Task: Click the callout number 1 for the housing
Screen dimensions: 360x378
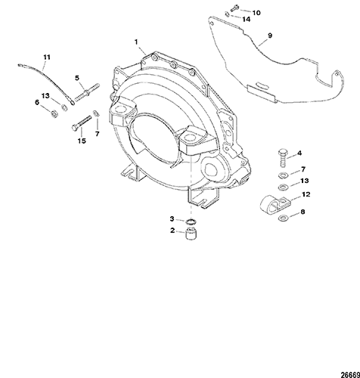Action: (136, 42)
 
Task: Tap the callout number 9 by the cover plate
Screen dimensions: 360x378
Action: (270, 36)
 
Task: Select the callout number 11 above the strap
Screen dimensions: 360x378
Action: (47, 57)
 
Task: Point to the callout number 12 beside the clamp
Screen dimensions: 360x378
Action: (306, 194)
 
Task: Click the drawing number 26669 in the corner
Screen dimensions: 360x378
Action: (350, 375)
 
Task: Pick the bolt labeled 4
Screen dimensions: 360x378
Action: (283, 158)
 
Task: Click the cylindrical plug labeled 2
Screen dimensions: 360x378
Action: (191, 234)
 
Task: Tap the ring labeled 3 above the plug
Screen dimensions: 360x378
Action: (191, 222)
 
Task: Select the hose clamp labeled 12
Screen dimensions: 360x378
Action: (275, 205)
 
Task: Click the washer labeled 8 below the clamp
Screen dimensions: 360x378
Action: (283, 218)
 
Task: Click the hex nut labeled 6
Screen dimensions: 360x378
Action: (54, 114)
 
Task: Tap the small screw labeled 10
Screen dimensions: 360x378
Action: (234, 8)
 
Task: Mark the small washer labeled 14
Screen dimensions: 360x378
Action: (227, 14)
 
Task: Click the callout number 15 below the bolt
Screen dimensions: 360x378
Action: (82, 141)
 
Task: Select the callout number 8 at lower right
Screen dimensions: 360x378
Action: (303, 212)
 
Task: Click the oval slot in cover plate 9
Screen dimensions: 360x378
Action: (262, 85)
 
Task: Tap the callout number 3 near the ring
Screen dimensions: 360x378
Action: (172, 218)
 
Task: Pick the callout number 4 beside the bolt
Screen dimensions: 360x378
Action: (299, 153)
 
